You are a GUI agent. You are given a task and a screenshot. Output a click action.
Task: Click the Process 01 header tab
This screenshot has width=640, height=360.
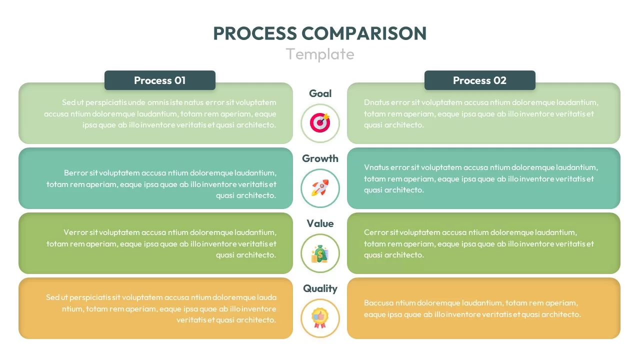coord(159,80)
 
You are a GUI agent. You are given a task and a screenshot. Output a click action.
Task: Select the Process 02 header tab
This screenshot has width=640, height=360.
coord(479,80)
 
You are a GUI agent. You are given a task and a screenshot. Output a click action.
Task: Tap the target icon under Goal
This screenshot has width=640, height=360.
coord(320,123)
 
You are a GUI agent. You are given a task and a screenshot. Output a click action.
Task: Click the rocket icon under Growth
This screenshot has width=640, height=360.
coord(320,188)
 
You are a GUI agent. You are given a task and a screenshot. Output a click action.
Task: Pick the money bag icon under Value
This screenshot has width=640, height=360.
coord(320,253)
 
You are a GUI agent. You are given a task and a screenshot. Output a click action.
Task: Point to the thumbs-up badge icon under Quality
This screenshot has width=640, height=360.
coord(320,318)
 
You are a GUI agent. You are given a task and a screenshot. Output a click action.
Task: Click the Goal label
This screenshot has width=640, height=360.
coord(320,93)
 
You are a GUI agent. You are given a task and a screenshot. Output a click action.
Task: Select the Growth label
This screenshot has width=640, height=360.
coord(320,158)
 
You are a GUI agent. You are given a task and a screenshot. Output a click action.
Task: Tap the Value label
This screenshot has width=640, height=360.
coord(320,223)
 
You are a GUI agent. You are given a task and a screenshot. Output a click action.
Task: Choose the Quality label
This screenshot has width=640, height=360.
coord(320,288)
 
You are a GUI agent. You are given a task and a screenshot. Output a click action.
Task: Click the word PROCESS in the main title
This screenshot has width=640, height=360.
coord(254,33)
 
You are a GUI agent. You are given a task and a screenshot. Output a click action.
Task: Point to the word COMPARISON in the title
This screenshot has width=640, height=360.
coord(364,33)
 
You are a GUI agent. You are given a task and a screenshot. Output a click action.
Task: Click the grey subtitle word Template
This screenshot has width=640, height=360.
coord(320,54)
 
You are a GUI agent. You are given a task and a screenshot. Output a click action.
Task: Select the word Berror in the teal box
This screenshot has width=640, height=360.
coord(75,173)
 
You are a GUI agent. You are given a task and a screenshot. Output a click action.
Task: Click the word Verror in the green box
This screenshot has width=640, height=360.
coord(75,232)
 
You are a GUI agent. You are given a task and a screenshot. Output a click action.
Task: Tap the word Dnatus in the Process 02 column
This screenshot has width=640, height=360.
coord(376,102)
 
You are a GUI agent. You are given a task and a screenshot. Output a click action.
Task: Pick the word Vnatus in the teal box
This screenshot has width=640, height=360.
coord(376,167)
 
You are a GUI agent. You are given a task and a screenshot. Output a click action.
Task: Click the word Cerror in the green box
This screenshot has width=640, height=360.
coord(375,232)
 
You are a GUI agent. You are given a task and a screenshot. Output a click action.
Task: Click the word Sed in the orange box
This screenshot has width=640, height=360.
coord(52,297)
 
